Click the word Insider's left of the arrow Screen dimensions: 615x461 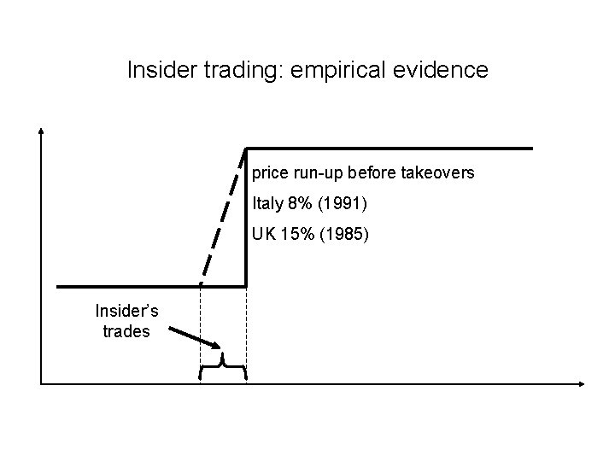point(121,312)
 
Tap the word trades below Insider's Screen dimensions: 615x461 point(126,331)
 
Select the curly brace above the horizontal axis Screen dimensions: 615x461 point(223,366)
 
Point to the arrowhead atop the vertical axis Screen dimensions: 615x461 point(41,131)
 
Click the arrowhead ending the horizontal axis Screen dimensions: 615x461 point(583,382)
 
